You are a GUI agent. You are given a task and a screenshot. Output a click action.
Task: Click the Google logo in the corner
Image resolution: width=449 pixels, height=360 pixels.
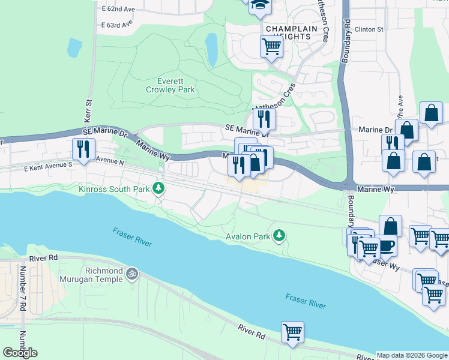(x=20, y=353)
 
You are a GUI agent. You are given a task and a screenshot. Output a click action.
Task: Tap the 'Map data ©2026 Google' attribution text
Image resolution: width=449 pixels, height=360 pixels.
(x=411, y=355)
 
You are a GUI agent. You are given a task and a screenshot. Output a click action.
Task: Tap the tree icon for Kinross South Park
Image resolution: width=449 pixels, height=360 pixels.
(x=158, y=188)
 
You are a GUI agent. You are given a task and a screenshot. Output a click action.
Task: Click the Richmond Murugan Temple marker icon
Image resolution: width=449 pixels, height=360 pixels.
(x=132, y=274)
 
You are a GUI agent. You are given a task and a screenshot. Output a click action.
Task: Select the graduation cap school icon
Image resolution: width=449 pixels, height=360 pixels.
(x=261, y=5)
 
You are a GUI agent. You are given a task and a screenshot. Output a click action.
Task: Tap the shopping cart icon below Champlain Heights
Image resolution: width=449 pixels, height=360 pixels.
(x=272, y=46)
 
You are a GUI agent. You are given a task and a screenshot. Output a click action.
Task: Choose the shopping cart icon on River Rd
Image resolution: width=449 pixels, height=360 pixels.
(x=292, y=332)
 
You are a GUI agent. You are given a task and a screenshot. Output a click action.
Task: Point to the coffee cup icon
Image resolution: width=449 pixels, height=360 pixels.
(x=385, y=245)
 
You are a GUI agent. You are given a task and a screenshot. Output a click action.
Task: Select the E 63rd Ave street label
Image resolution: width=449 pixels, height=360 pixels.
(x=116, y=25)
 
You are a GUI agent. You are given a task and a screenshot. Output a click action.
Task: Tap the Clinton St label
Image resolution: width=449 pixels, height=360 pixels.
(x=369, y=29)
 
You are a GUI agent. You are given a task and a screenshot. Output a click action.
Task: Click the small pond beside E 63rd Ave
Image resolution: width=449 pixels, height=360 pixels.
(x=74, y=47)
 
